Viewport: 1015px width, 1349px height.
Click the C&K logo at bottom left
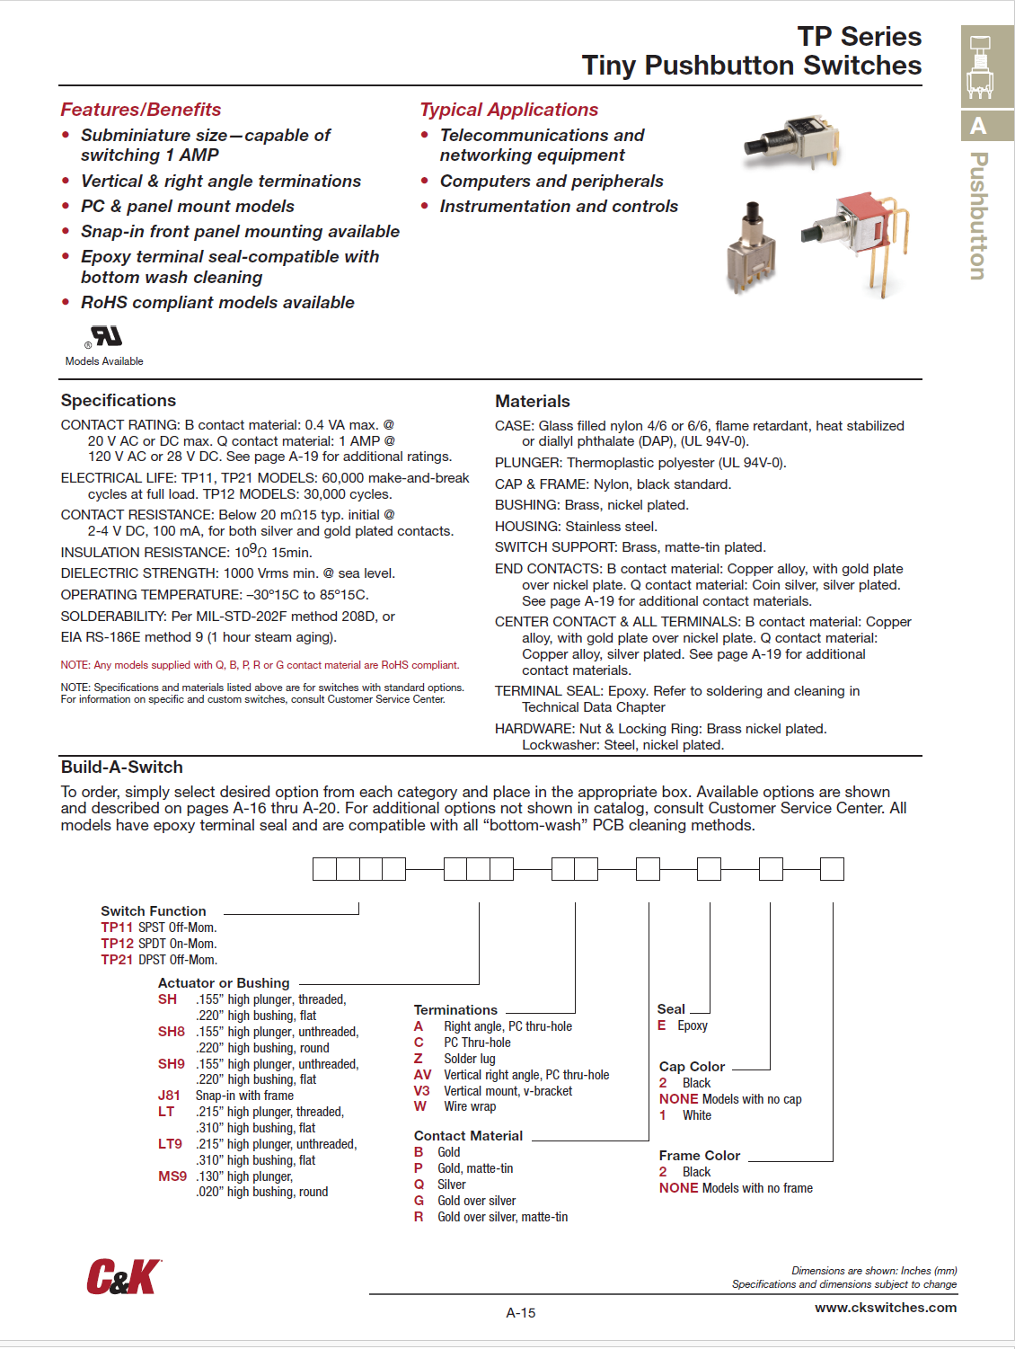click(x=124, y=1276)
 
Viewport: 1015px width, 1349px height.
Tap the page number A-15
click(x=521, y=1313)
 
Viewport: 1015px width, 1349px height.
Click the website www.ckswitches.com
click(x=886, y=1308)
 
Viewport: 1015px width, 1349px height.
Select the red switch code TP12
click(x=117, y=944)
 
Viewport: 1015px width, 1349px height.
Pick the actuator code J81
click(x=169, y=1096)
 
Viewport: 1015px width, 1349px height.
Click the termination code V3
click(x=421, y=1091)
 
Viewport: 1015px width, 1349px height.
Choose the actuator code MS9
click(x=172, y=1176)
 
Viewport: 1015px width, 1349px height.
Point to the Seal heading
click(x=671, y=1009)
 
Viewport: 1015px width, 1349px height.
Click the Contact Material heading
click(x=468, y=1136)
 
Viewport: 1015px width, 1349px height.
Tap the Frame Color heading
click(x=699, y=1156)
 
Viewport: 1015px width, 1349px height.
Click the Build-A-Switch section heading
click(x=122, y=768)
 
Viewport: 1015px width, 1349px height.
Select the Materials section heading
click(x=533, y=402)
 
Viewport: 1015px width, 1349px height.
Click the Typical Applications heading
click(x=509, y=110)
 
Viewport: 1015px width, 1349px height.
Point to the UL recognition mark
click(x=106, y=337)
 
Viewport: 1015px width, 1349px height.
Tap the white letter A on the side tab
click(x=978, y=126)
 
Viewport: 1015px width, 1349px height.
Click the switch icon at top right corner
click(x=980, y=67)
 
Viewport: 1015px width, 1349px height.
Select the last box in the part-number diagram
click(x=833, y=869)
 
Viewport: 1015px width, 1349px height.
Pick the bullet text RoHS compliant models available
click(x=217, y=303)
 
